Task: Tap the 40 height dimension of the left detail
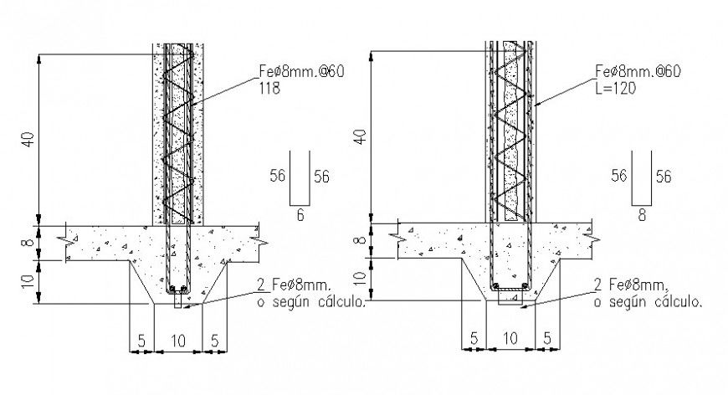click(28, 139)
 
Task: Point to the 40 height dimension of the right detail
click(360, 136)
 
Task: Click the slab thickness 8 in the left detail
click(28, 244)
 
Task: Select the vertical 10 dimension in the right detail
click(360, 280)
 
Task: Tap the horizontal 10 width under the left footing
click(177, 341)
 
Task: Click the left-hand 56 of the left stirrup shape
click(279, 177)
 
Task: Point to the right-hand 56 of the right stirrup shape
click(663, 176)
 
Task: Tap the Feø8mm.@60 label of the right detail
click(638, 72)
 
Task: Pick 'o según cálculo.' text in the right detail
click(647, 301)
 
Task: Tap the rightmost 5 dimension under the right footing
click(546, 339)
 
